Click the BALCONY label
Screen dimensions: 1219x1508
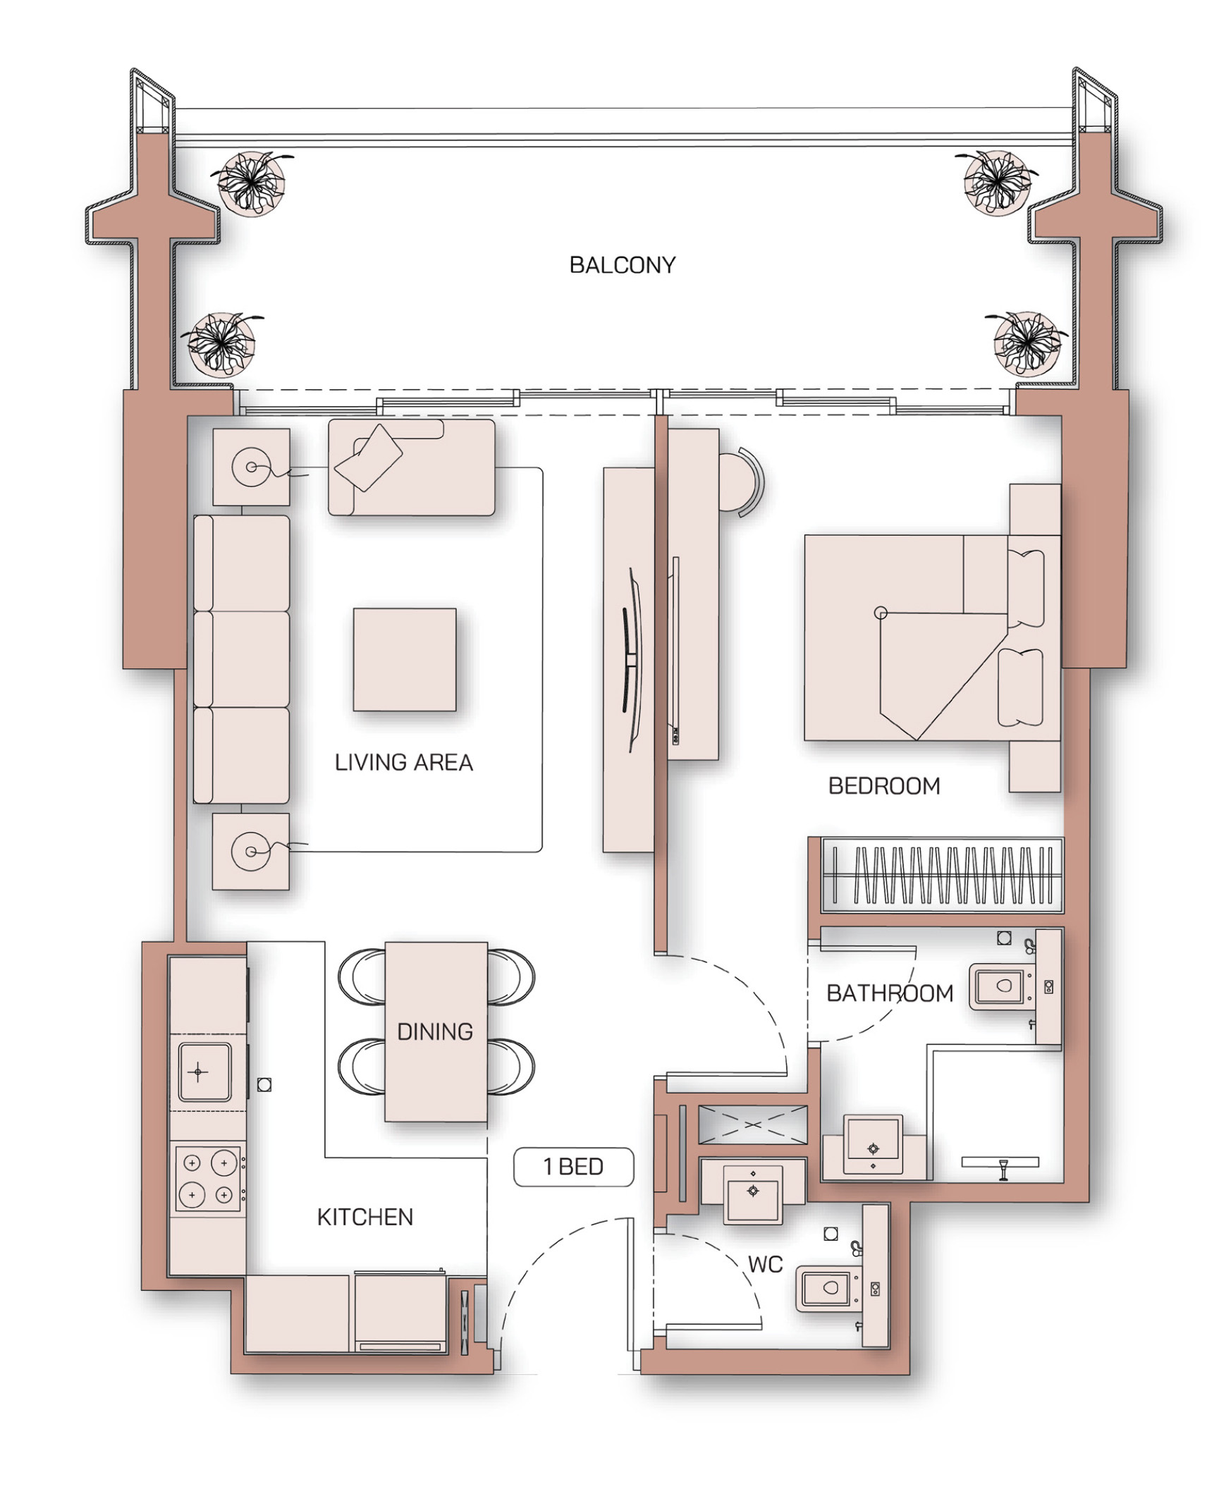point(622,265)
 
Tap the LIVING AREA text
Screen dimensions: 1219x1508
point(403,762)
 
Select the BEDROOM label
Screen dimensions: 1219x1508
point(884,786)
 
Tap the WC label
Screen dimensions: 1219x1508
point(765,1264)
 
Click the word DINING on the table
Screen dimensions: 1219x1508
point(435,1031)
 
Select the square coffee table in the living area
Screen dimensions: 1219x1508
point(405,659)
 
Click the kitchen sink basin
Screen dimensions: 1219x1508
point(204,1072)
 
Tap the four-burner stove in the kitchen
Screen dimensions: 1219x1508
point(209,1179)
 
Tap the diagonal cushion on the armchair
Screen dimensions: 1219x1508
point(368,458)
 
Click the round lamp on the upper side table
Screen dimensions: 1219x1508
point(251,467)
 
